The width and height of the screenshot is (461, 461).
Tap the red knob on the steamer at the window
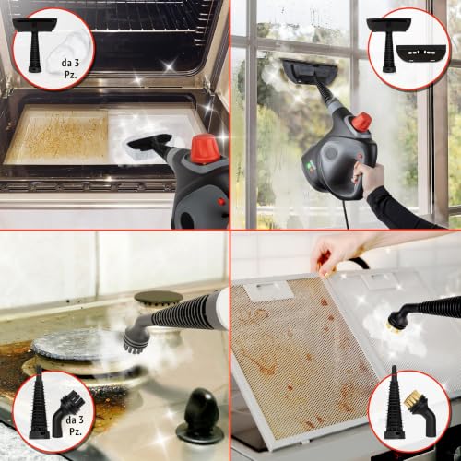click(361, 122)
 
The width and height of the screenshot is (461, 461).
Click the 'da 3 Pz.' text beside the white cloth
click(70, 68)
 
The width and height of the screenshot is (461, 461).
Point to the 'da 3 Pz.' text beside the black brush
click(75, 425)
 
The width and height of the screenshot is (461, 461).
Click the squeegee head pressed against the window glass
click(310, 71)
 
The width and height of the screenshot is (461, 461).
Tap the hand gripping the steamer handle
click(368, 176)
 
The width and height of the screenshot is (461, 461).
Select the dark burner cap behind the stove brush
click(159, 298)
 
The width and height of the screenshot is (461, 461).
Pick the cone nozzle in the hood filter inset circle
click(395, 403)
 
